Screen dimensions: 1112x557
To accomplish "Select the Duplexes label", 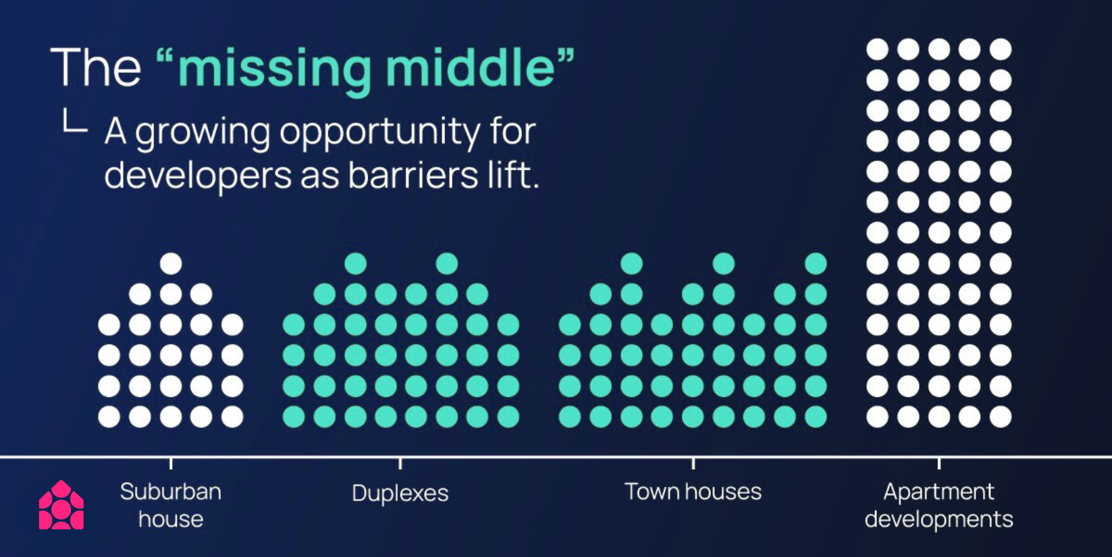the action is click(x=400, y=494).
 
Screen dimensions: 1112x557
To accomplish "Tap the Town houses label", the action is click(x=693, y=492).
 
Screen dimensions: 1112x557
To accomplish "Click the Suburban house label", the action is click(x=171, y=506).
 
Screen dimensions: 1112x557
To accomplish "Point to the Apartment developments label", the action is click(x=938, y=506).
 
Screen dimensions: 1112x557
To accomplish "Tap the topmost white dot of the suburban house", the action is click(x=171, y=263).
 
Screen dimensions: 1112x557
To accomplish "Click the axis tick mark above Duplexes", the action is click(x=400, y=464).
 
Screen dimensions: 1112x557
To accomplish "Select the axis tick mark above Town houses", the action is click(x=693, y=464).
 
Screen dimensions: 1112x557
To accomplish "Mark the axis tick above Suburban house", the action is click(x=171, y=464).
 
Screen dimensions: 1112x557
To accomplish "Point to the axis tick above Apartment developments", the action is click(x=938, y=464).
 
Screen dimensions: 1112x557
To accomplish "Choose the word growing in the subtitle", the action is click(x=203, y=133).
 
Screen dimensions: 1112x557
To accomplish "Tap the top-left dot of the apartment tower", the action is click(x=877, y=50).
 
